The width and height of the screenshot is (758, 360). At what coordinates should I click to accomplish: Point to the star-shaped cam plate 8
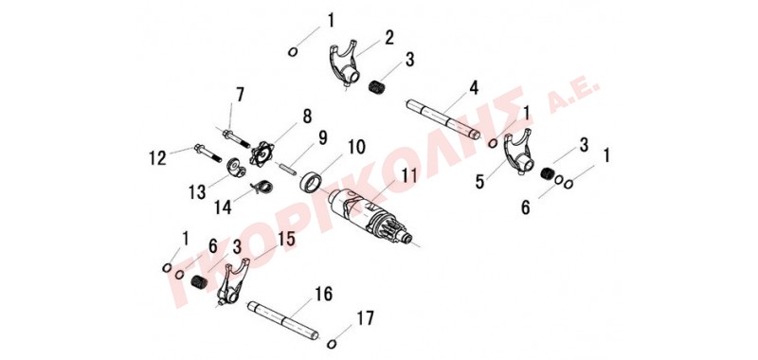(x=262, y=153)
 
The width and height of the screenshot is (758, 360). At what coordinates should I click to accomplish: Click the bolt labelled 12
(x=208, y=152)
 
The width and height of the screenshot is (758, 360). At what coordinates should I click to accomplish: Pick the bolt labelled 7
(x=236, y=137)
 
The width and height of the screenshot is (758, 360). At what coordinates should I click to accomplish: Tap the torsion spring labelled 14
(x=262, y=185)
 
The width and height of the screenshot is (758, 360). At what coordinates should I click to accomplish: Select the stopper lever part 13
(x=236, y=168)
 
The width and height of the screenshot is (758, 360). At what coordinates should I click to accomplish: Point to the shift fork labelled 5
(x=518, y=152)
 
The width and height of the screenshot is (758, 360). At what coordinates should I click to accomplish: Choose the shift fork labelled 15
(x=233, y=283)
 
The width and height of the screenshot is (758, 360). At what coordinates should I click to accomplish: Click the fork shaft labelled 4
(x=442, y=118)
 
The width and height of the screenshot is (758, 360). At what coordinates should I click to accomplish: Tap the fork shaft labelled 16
(x=283, y=320)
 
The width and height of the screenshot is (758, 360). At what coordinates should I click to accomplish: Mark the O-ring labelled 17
(x=332, y=344)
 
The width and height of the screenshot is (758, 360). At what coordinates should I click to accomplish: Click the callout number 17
(x=365, y=318)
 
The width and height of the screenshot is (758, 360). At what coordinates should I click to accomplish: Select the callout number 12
(x=157, y=157)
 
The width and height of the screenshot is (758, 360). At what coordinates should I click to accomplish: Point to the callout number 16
(x=323, y=294)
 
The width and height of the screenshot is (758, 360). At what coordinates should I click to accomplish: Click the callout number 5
(x=479, y=182)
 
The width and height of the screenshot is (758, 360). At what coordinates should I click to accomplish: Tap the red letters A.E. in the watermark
(x=574, y=97)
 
